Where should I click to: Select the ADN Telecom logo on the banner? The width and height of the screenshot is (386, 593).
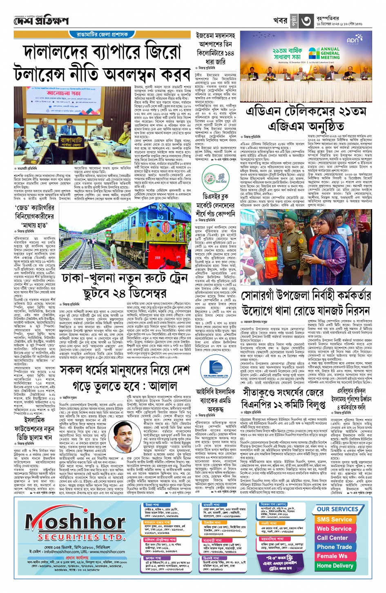coord(354,40)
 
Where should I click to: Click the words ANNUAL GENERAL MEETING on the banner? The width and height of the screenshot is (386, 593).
coord(330,53)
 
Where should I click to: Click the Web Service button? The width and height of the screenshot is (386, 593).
coord(334,528)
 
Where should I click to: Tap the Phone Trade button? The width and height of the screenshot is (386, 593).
coord(334,547)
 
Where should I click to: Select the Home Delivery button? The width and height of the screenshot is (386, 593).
coord(335,566)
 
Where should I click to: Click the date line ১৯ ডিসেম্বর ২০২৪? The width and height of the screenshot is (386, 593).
coord(339,24)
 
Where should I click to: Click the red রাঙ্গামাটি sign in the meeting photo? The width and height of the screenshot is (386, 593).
coord(71,142)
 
